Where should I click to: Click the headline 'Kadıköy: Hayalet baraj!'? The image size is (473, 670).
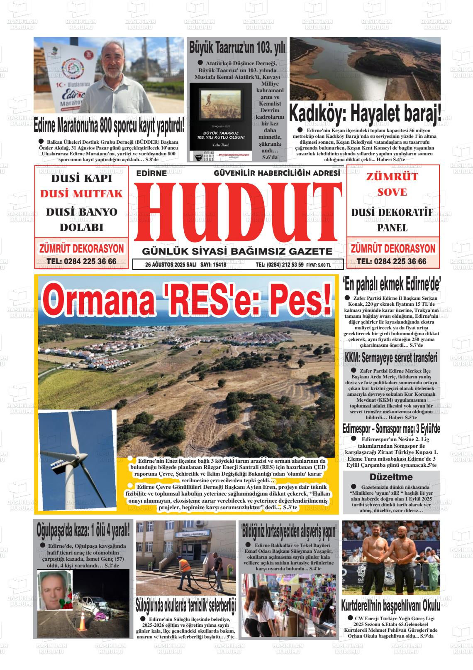tap(365, 113)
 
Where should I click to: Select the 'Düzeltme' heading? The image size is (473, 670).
tap(391, 476)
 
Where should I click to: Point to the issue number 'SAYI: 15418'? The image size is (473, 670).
tap(213, 265)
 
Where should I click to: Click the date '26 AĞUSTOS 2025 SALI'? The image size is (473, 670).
tap(171, 265)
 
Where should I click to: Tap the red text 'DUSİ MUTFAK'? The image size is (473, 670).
tap(81, 194)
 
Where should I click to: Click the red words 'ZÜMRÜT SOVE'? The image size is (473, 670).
tap(392, 184)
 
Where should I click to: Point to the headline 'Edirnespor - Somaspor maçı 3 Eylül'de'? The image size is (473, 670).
tap(391, 429)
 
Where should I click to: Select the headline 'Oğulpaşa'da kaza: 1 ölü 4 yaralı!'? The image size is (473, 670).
tap(83, 530)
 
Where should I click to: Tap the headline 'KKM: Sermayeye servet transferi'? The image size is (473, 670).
tap(391, 358)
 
